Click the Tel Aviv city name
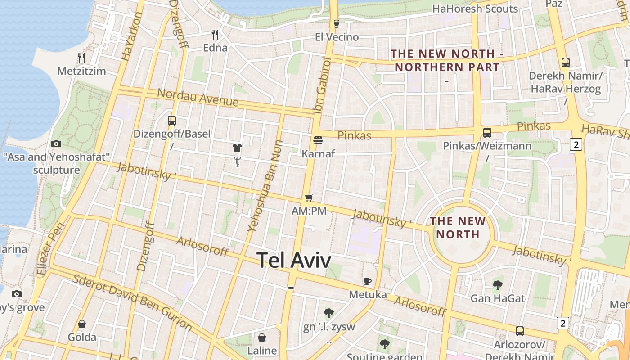point(294,260)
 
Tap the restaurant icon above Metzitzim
point(81,58)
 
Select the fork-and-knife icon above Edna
point(215,34)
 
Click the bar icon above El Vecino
point(336,24)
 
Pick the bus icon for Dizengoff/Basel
point(171,120)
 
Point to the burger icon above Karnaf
point(318,140)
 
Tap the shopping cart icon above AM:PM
point(309,198)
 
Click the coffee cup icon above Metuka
point(368,281)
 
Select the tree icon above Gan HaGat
point(497,284)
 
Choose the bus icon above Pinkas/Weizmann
point(487,132)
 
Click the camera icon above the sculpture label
point(56,144)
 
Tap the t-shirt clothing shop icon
point(237,147)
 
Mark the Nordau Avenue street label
point(198,97)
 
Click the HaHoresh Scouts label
point(475,9)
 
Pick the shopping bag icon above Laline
point(262,337)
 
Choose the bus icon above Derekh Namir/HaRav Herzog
point(565,63)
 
